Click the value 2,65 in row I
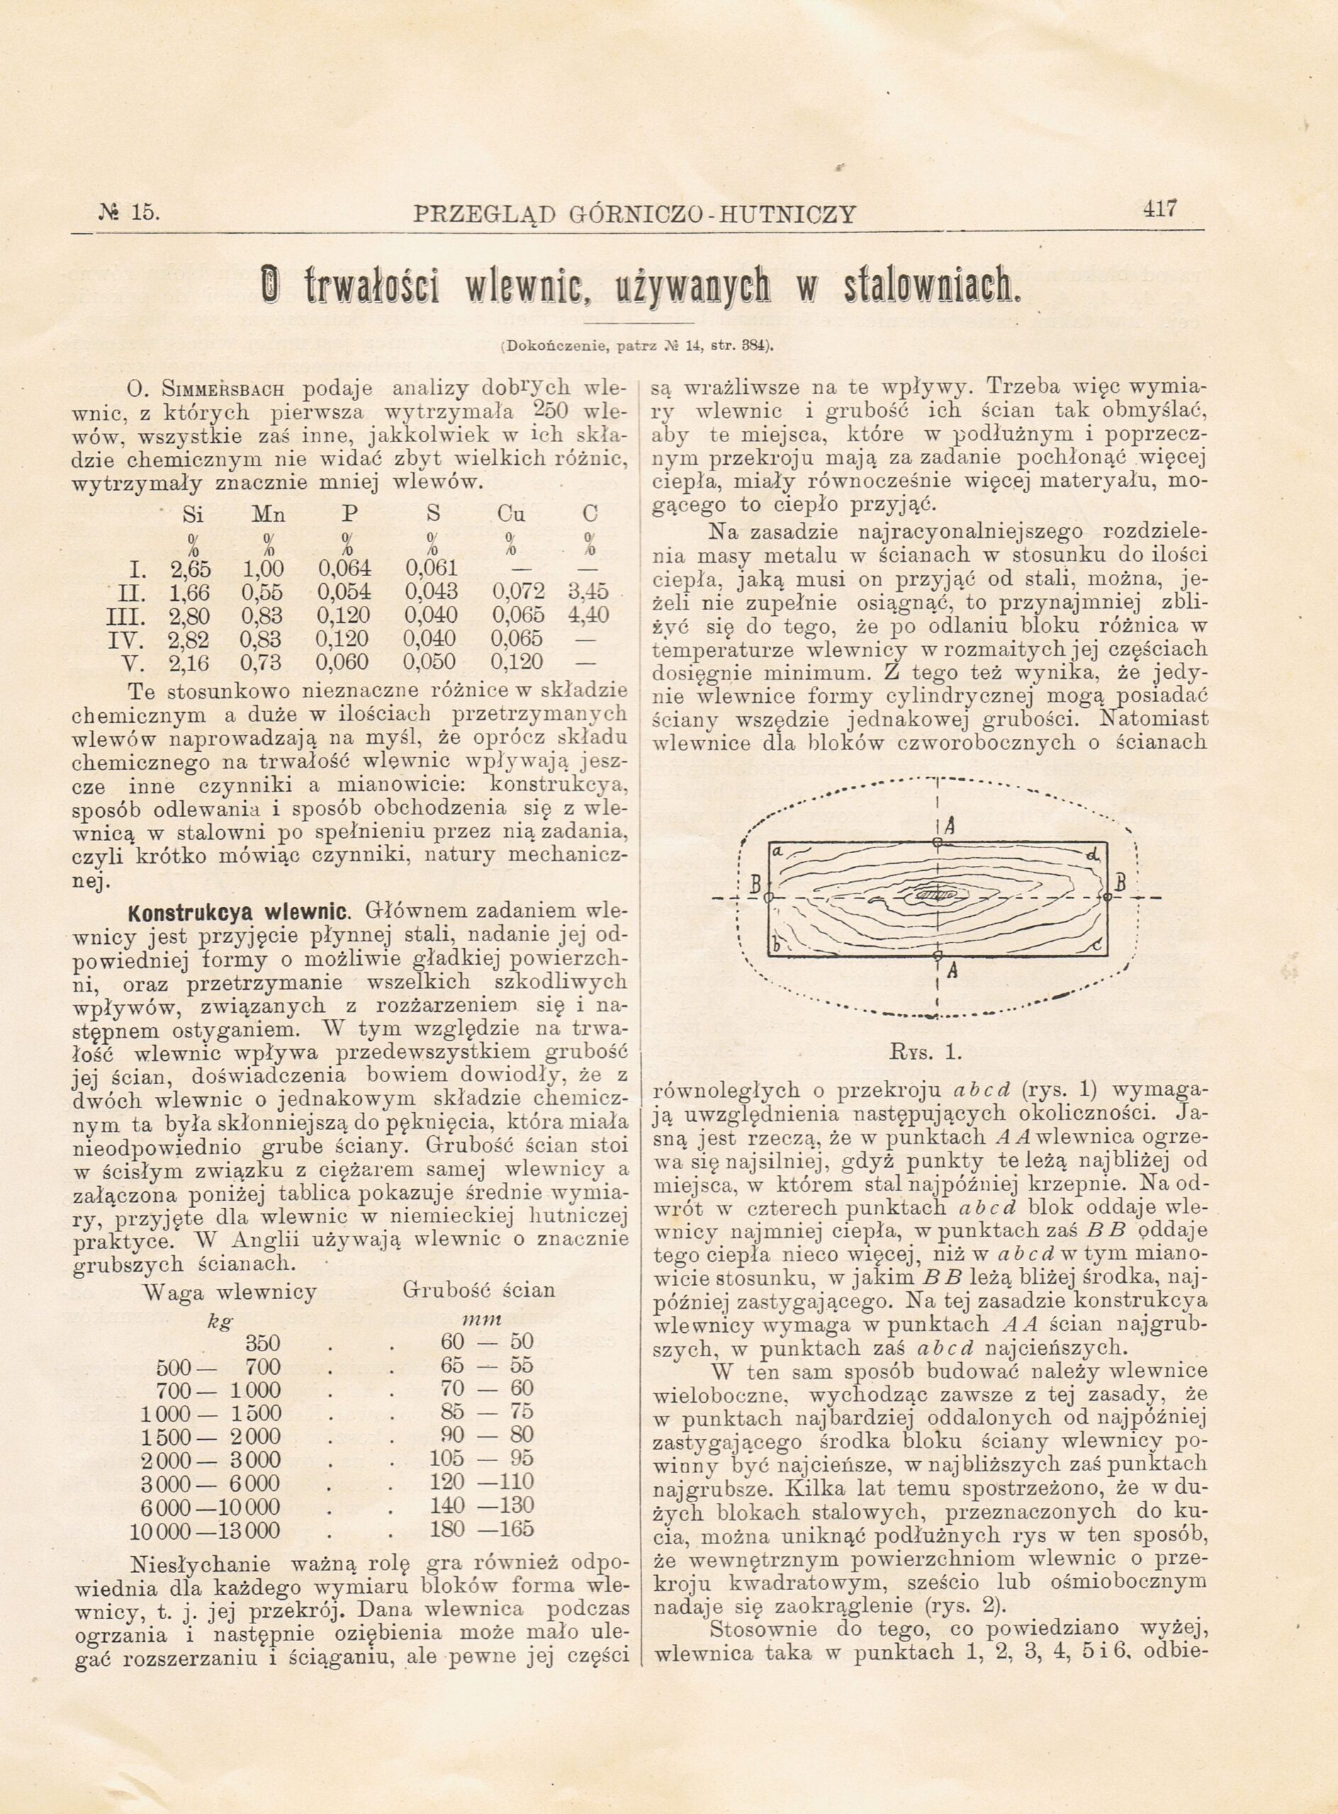point(191,567)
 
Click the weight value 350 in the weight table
point(262,1343)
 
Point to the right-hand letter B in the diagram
point(1121,884)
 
